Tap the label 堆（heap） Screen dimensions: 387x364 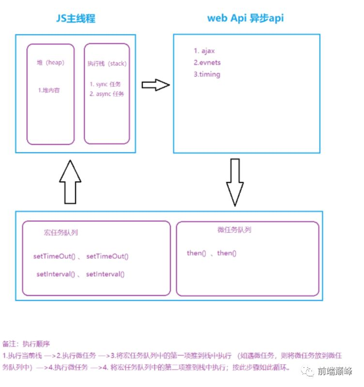50,63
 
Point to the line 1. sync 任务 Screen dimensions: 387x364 106,84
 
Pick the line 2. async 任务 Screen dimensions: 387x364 106,94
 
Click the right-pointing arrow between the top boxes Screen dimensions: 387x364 155,85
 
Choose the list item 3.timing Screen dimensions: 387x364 207,74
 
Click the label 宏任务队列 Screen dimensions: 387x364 61,233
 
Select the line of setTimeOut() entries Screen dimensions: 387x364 81,256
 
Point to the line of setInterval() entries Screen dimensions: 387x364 80,274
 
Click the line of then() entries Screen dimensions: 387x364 212,253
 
